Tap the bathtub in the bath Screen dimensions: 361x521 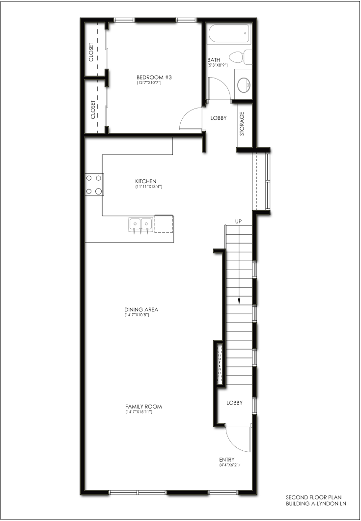(x=229, y=33)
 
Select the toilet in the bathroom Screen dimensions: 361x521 (x=240, y=57)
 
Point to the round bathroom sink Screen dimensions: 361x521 (x=244, y=84)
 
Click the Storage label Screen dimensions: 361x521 (x=242, y=124)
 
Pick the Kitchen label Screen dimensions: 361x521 (x=145, y=181)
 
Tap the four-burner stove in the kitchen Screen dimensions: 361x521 (x=94, y=185)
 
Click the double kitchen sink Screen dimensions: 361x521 (x=141, y=225)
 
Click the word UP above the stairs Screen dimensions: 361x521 (x=238, y=221)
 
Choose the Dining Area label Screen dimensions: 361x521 (x=141, y=310)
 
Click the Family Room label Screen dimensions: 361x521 (x=143, y=407)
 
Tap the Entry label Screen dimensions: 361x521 (x=227, y=460)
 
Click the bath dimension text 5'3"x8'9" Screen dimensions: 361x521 (x=218, y=65)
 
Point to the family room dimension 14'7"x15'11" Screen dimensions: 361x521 (x=139, y=412)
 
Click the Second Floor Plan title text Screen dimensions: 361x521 (x=314, y=497)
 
